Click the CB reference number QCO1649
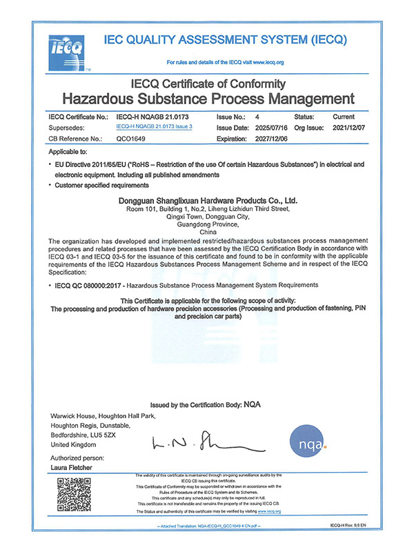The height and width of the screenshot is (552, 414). pos(131,139)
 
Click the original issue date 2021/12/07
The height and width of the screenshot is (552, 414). pos(353,128)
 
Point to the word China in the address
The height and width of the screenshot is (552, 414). pos(208,233)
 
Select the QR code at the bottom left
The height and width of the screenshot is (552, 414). pos(71,493)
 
